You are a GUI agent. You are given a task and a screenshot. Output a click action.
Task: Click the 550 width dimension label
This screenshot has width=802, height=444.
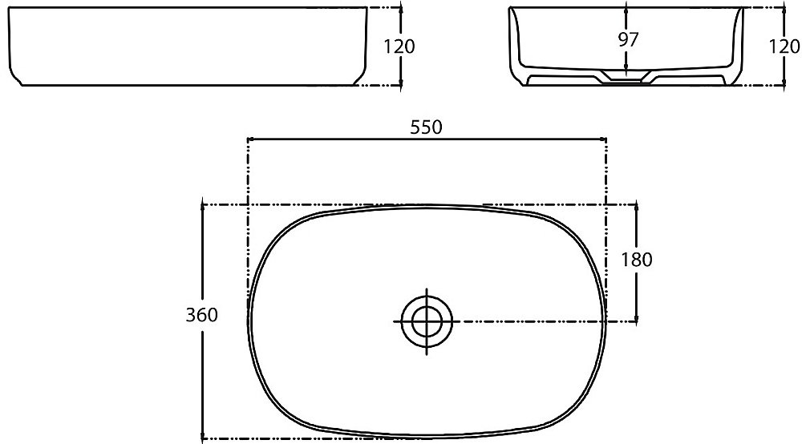[x=426, y=127]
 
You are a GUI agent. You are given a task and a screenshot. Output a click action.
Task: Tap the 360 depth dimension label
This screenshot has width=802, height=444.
[x=201, y=315]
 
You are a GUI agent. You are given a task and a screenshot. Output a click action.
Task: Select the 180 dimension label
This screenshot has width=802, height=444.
[x=637, y=260]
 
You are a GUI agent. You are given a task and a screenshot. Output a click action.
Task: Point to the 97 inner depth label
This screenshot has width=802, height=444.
[x=628, y=39]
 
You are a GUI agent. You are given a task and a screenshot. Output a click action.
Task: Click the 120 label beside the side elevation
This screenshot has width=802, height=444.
[x=399, y=46]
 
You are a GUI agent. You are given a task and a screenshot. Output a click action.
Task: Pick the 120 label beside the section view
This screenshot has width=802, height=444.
[x=784, y=46]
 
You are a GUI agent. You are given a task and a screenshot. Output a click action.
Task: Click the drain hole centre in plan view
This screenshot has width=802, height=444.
[x=427, y=321]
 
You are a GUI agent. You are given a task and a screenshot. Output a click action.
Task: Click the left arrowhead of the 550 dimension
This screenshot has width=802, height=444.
[x=250, y=139]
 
